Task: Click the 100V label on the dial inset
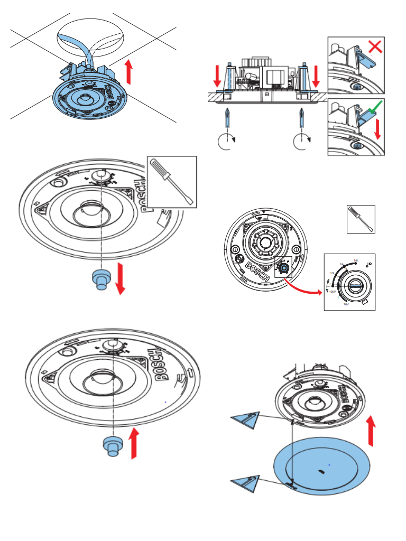click(x=333, y=291)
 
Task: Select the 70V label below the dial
click(x=346, y=305)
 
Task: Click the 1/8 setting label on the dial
click(x=356, y=260)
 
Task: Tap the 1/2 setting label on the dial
click(x=332, y=273)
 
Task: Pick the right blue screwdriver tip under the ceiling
click(x=301, y=117)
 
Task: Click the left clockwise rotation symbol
click(x=226, y=142)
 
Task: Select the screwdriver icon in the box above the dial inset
click(x=361, y=219)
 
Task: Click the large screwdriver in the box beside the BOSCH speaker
click(x=171, y=181)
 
